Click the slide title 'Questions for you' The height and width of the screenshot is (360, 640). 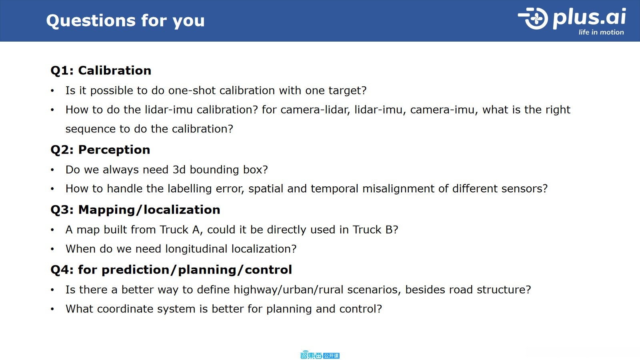(x=126, y=21)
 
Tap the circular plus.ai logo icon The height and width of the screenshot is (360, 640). (x=533, y=18)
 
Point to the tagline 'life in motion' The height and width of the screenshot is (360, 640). (x=601, y=32)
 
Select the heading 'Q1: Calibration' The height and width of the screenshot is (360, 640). (x=101, y=70)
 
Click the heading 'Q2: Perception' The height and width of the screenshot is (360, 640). (x=100, y=150)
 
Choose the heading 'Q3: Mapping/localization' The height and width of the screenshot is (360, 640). (x=136, y=210)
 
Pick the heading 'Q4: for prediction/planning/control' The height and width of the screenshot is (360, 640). (x=171, y=270)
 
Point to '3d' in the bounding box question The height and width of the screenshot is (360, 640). (x=179, y=170)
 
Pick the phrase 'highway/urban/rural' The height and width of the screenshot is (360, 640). (x=288, y=290)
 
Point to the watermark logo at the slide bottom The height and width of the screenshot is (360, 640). (x=320, y=355)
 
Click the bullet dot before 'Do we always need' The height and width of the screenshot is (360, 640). (x=52, y=170)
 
